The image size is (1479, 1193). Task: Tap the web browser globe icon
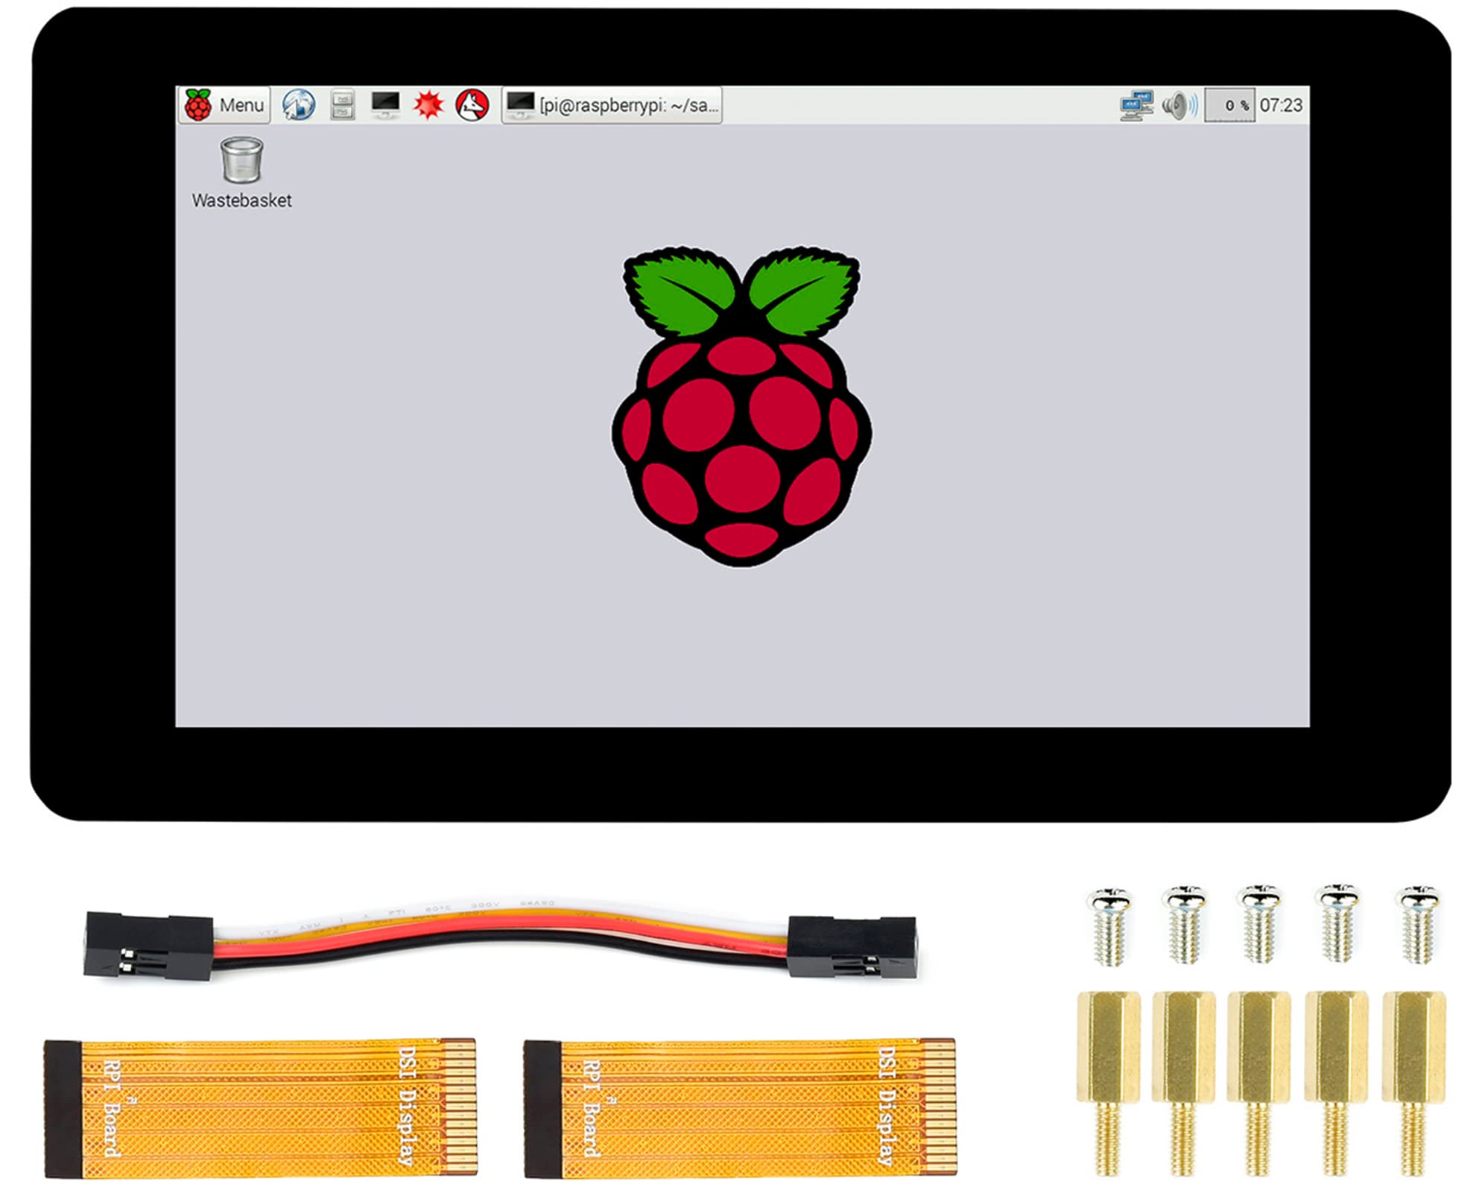coord(298,105)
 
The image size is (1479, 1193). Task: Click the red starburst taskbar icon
coord(428,105)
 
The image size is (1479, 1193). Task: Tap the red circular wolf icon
coord(472,105)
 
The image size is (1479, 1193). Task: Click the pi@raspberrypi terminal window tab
coord(612,105)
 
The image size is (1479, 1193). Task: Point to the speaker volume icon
coord(1179,105)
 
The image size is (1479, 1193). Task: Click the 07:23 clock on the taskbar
coord(1281,105)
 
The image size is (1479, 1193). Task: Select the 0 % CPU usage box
coord(1230,105)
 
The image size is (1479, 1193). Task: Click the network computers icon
coord(1136,105)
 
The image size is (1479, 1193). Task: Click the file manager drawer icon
coord(342,105)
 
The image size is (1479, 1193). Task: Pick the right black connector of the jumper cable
coord(852,946)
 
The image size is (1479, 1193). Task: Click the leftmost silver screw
coord(1109,924)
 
